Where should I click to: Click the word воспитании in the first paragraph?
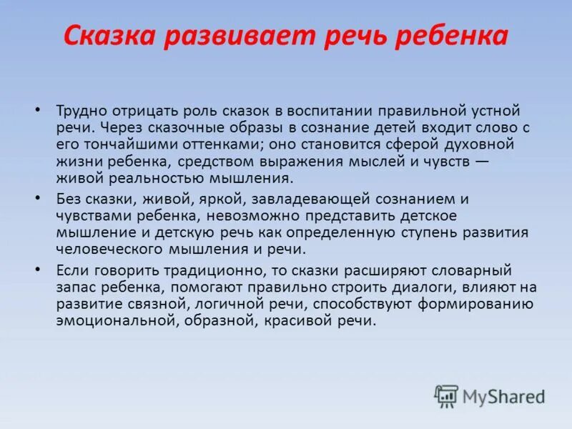(x=339, y=111)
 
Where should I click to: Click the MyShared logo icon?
(x=447, y=395)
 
